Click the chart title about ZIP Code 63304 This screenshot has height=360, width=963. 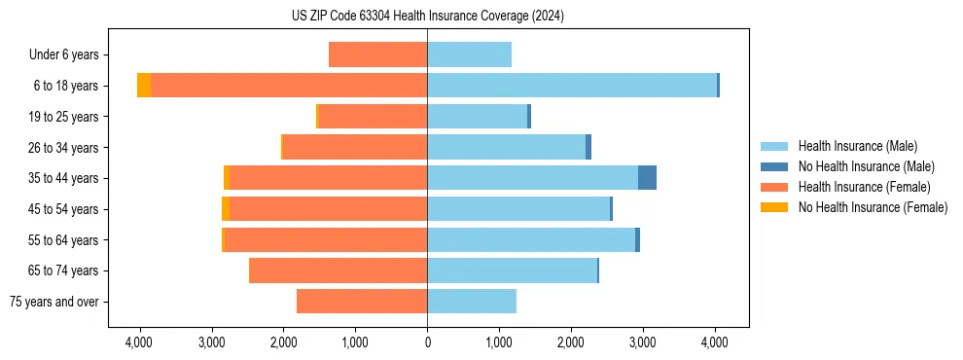427,17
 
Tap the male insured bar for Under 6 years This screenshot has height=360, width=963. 469,54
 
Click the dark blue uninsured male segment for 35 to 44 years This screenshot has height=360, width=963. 647,178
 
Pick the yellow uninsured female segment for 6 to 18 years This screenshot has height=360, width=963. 144,86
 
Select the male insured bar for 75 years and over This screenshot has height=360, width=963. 472,302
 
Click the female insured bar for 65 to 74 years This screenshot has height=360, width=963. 339,270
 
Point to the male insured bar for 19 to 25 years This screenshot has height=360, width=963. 477,117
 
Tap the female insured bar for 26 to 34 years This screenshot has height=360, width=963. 355,147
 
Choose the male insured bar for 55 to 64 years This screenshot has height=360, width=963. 531,240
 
